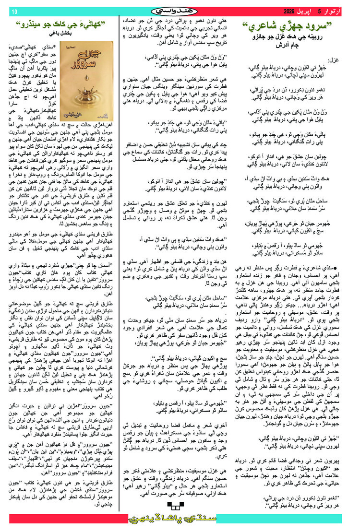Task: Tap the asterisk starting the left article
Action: [x=109, y=46]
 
